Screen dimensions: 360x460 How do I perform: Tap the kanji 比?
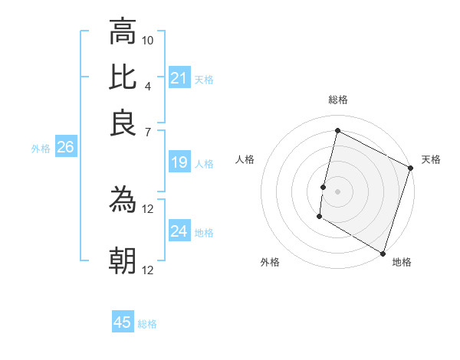tap(123, 77)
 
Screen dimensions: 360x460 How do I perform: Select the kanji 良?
tap(123, 123)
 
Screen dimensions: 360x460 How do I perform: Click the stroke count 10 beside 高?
tap(148, 40)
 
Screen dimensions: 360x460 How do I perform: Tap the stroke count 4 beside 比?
tap(148, 86)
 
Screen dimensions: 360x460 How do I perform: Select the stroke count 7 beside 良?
tap(148, 133)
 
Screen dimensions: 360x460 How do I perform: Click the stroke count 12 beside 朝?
tap(148, 270)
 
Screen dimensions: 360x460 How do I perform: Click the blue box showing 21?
tap(179, 78)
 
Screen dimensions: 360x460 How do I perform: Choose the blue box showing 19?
tap(179, 162)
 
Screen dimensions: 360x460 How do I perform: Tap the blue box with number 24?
tap(179, 231)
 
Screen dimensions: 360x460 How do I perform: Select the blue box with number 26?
tap(65, 148)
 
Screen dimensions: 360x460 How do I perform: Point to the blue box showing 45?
tap(123, 322)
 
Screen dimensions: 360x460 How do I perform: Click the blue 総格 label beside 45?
tap(147, 324)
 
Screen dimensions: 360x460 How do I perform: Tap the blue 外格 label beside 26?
tap(41, 149)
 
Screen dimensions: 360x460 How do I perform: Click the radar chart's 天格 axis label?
tap(431, 159)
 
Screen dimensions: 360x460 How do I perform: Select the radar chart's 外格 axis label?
tap(270, 262)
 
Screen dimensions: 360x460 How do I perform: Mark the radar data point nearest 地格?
tap(382, 253)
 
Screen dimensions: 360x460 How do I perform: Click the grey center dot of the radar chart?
tap(337, 191)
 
